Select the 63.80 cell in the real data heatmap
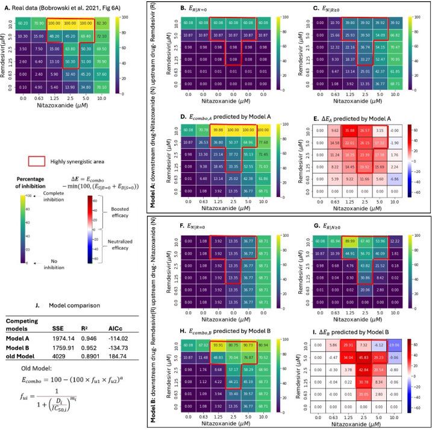click(x=69, y=46)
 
